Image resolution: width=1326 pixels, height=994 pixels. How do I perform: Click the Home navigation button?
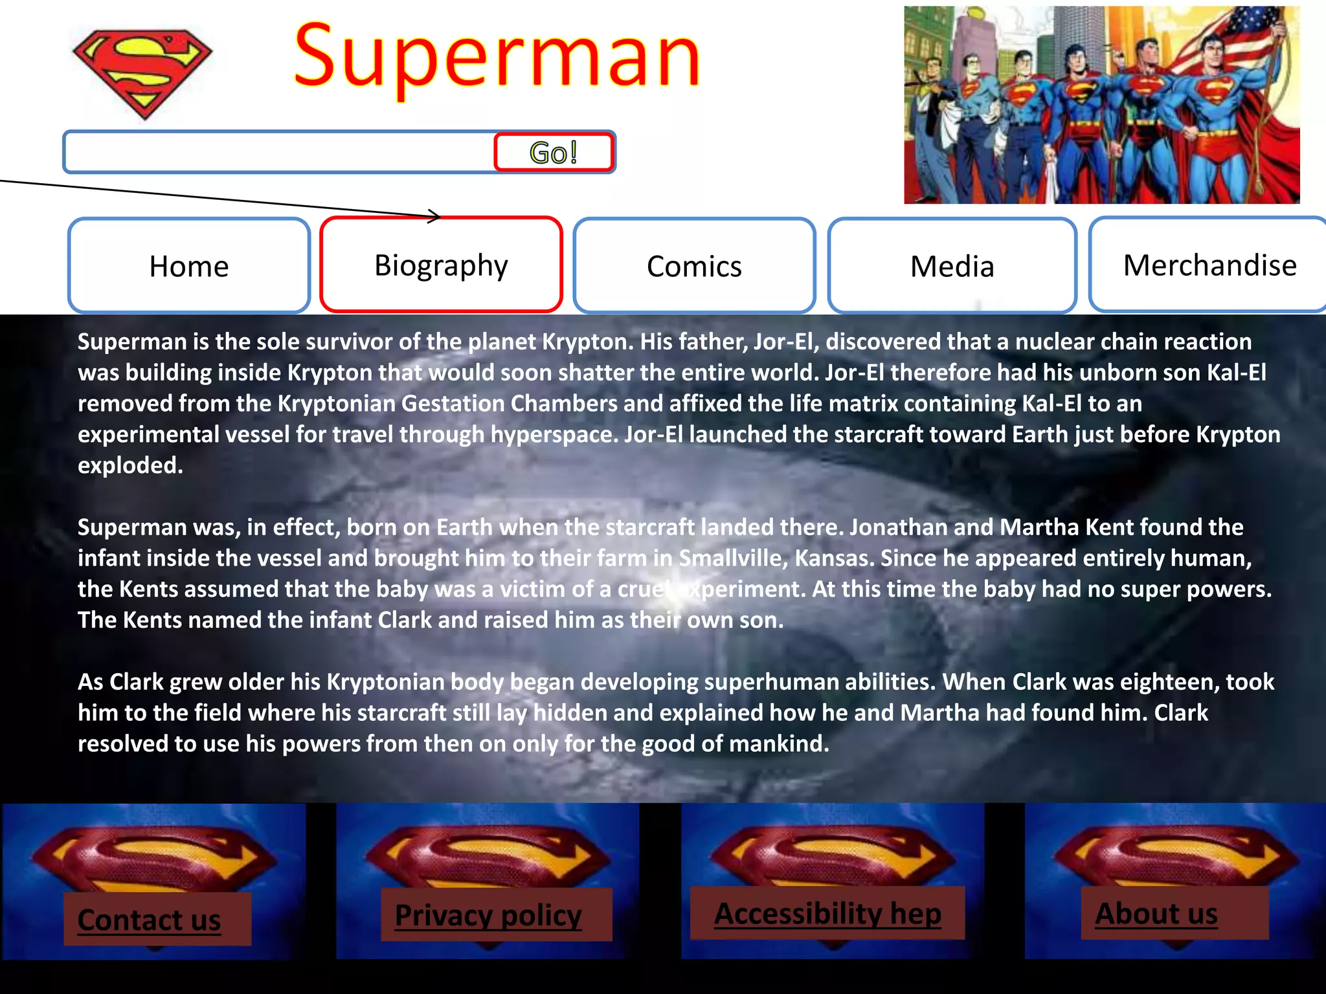point(188,266)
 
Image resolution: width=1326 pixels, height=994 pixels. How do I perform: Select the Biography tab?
point(441,265)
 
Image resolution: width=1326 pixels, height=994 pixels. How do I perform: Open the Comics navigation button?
point(694,266)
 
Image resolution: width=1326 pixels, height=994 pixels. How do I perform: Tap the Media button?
point(952,266)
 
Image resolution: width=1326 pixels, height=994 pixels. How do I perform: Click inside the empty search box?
point(278,153)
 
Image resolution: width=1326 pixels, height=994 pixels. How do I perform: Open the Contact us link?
point(150,920)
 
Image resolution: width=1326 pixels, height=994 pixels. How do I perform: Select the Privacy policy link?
point(488,915)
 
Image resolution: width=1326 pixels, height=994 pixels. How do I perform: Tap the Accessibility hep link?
point(827,913)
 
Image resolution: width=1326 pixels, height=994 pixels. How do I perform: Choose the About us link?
point(1156,913)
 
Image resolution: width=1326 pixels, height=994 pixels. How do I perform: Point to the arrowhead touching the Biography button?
point(434,216)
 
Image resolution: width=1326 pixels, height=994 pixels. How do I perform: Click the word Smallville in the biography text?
point(732,558)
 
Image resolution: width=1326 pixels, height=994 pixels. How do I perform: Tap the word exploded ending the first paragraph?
point(129,465)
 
